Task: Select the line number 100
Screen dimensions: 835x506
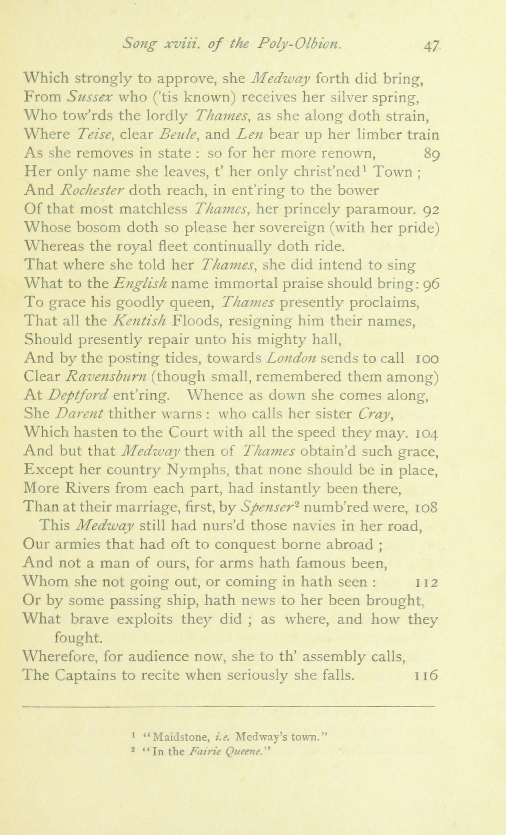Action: [427, 358]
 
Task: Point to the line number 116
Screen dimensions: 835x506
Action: [426, 675]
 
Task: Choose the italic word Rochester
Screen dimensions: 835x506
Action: [92, 190]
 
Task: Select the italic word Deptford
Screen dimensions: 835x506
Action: [78, 396]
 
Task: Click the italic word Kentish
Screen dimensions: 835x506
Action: [139, 321]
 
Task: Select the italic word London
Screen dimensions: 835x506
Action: [291, 358]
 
